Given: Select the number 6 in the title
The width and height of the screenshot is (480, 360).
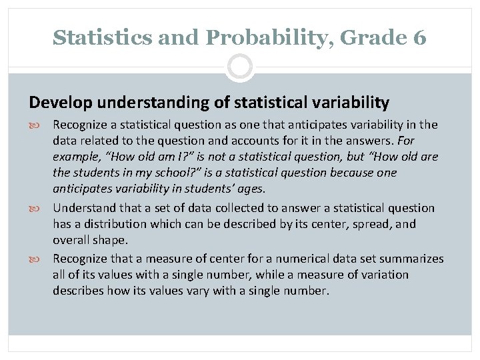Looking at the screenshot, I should [419, 38].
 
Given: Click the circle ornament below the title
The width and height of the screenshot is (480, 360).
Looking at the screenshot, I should [239, 67].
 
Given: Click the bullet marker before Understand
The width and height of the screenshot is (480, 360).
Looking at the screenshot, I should [42, 208].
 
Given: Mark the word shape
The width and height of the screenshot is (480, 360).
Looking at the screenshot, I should [112, 241].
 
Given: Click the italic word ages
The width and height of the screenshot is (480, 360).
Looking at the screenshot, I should [249, 189].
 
